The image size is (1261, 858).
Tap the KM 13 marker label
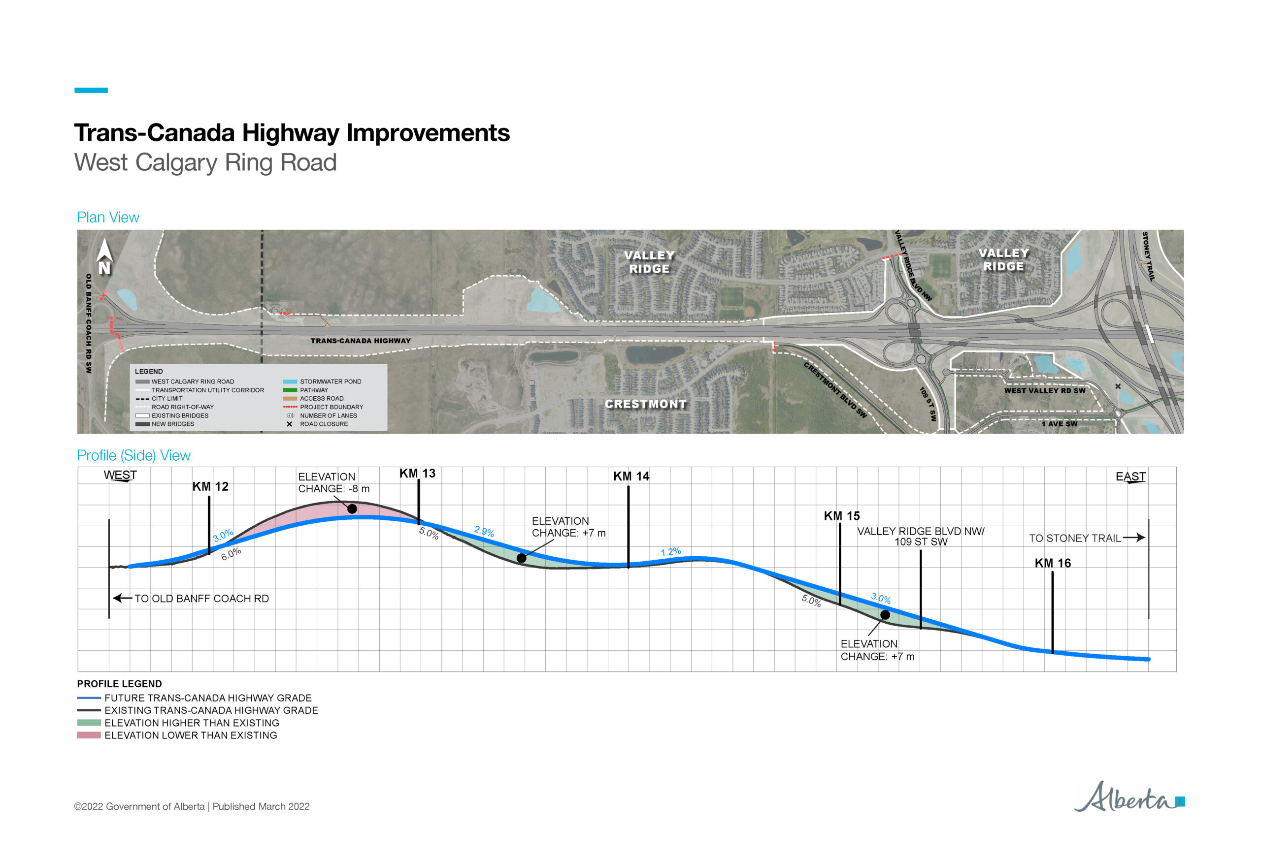417,474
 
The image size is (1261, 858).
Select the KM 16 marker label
1053,563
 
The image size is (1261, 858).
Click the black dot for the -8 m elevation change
352,508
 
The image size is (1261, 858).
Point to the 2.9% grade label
484,531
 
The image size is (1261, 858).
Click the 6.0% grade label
231,554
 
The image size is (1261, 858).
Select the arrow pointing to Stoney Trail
1133,538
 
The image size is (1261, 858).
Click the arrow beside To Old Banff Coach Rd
122,598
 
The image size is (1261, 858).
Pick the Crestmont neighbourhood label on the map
646,404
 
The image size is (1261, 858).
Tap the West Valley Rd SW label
1044,390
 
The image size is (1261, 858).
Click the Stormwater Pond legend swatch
290,381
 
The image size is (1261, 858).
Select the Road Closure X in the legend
289,424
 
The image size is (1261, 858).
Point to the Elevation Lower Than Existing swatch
89,735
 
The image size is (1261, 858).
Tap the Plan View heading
108,218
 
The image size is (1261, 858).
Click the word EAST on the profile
1131,476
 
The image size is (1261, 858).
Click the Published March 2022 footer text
261,806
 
